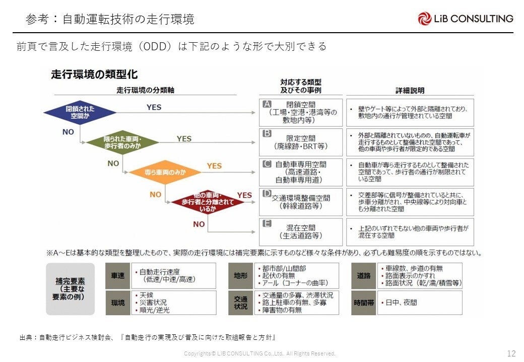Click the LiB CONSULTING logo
pyautogui.click(x=465, y=19)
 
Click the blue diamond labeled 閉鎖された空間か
pyautogui.click(x=80, y=112)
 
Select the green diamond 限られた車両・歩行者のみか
pyautogui.click(x=122, y=142)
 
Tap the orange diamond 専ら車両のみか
pyautogui.click(x=165, y=172)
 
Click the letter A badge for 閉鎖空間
pyautogui.click(x=268, y=104)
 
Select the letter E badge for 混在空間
pyautogui.click(x=268, y=223)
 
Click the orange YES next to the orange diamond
pyautogui.click(x=214, y=166)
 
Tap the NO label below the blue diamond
pyautogui.click(x=68, y=132)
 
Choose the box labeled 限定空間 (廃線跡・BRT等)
pyautogui.click(x=301, y=142)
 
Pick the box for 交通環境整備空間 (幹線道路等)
pyautogui.click(x=301, y=202)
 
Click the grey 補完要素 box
pyautogui.click(x=70, y=289)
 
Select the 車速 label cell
pyautogui.click(x=117, y=276)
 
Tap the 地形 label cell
pyautogui.click(x=240, y=276)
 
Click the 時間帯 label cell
pyautogui.click(x=364, y=303)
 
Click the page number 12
pyautogui.click(x=511, y=353)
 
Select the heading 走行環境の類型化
pyautogui.click(x=94, y=75)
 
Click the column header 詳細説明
pyautogui.click(x=410, y=90)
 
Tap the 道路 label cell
pyautogui.click(x=364, y=276)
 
